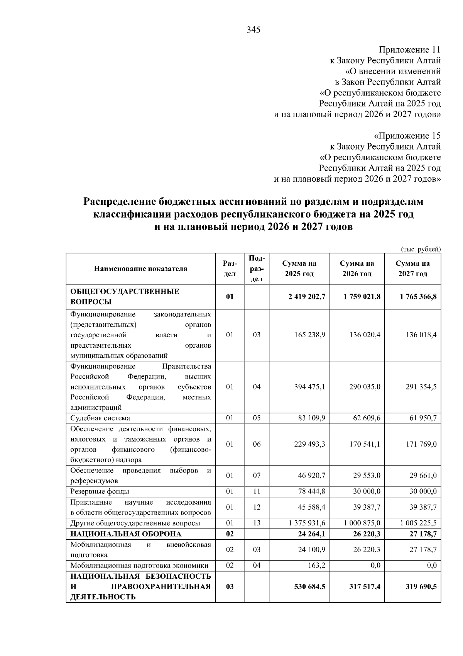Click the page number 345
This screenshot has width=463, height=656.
[x=253, y=30]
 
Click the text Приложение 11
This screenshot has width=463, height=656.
[x=409, y=50]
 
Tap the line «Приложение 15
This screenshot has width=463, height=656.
[x=407, y=136]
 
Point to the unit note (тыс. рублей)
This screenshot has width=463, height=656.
[x=421, y=249]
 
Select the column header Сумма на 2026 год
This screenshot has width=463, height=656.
[x=357, y=269]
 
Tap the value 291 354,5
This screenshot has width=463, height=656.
[x=421, y=387]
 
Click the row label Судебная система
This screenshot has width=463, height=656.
[x=100, y=418]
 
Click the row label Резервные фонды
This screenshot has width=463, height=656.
[x=100, y=491]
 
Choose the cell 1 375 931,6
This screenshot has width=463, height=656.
[x=307, y=523]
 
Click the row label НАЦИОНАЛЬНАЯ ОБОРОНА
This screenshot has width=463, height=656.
[x=125, y=534]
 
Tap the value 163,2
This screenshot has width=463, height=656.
[x=317, y=566]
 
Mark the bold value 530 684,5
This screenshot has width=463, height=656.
[x=310, y=586]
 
